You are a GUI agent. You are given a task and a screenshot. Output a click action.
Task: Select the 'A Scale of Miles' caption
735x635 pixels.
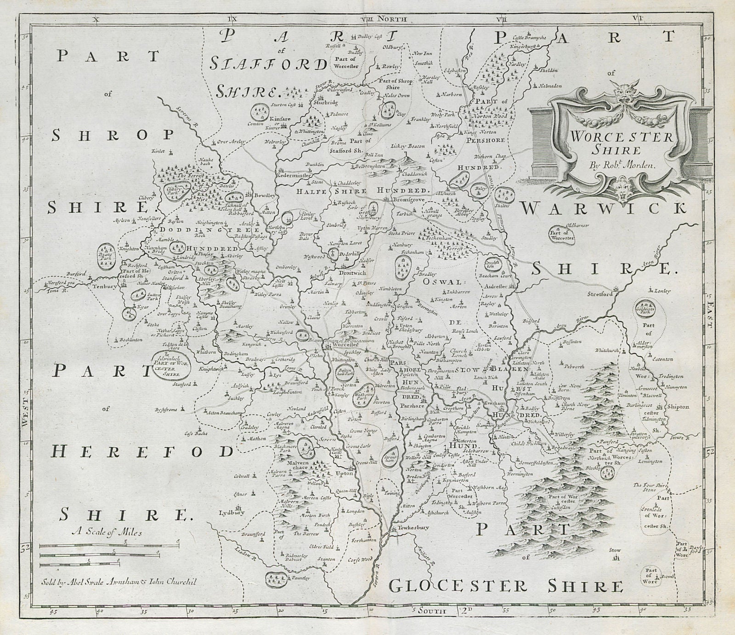[107, 533]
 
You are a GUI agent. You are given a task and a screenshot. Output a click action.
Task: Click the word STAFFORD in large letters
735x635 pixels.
[269, 65]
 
